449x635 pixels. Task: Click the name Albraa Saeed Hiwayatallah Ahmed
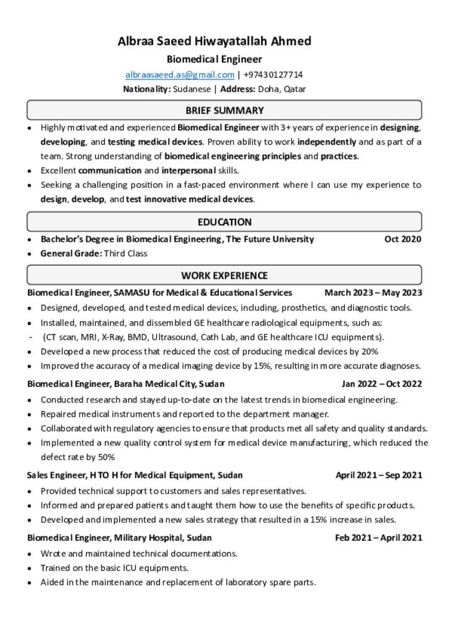click(215, 42)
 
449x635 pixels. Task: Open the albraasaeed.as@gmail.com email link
click(180, 75)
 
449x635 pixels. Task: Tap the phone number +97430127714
click(273, 75)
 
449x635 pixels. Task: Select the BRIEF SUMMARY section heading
click(225, 110)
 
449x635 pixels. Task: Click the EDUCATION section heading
click(225, 222)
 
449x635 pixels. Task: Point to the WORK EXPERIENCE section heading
click(225, 275)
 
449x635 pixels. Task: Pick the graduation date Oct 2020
click(402, 239)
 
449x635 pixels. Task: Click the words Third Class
click(125, 253)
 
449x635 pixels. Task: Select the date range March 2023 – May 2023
click(373, 292)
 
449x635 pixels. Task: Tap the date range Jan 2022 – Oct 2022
click(381, 383)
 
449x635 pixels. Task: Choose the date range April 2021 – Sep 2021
click(379, 475)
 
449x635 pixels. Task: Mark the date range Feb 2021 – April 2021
click(379, 538)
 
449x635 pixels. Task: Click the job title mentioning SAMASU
click(159, 292)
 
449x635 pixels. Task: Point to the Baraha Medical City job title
click(126, 383)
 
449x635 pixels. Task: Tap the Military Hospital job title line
click(119, 538)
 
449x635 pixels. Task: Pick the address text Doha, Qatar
click(282, 89)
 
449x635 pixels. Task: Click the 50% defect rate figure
click(105, 457)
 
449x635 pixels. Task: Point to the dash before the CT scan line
click(31, 337)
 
